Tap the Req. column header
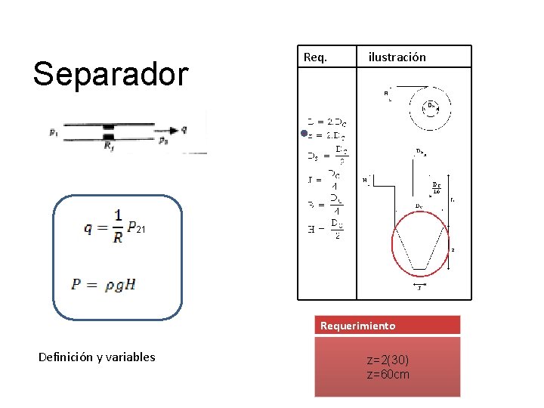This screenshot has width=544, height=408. click(315, 57)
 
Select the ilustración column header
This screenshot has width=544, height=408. click(397, 57)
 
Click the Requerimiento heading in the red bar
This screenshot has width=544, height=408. click(357, 326)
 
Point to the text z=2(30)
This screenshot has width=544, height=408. click(388, 360)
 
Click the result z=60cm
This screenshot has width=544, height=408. click(388, 373)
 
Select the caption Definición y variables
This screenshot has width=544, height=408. click(97, 357)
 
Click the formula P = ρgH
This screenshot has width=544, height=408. click(104, 285)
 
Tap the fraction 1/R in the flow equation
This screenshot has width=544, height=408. click(117, 225)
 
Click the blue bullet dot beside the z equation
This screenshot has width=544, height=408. click(303, 134)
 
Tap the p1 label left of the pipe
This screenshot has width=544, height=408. click(53, 133)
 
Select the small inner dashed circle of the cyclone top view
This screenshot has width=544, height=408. click(432, 107)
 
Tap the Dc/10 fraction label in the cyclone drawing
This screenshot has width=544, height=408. click(437, 187)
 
